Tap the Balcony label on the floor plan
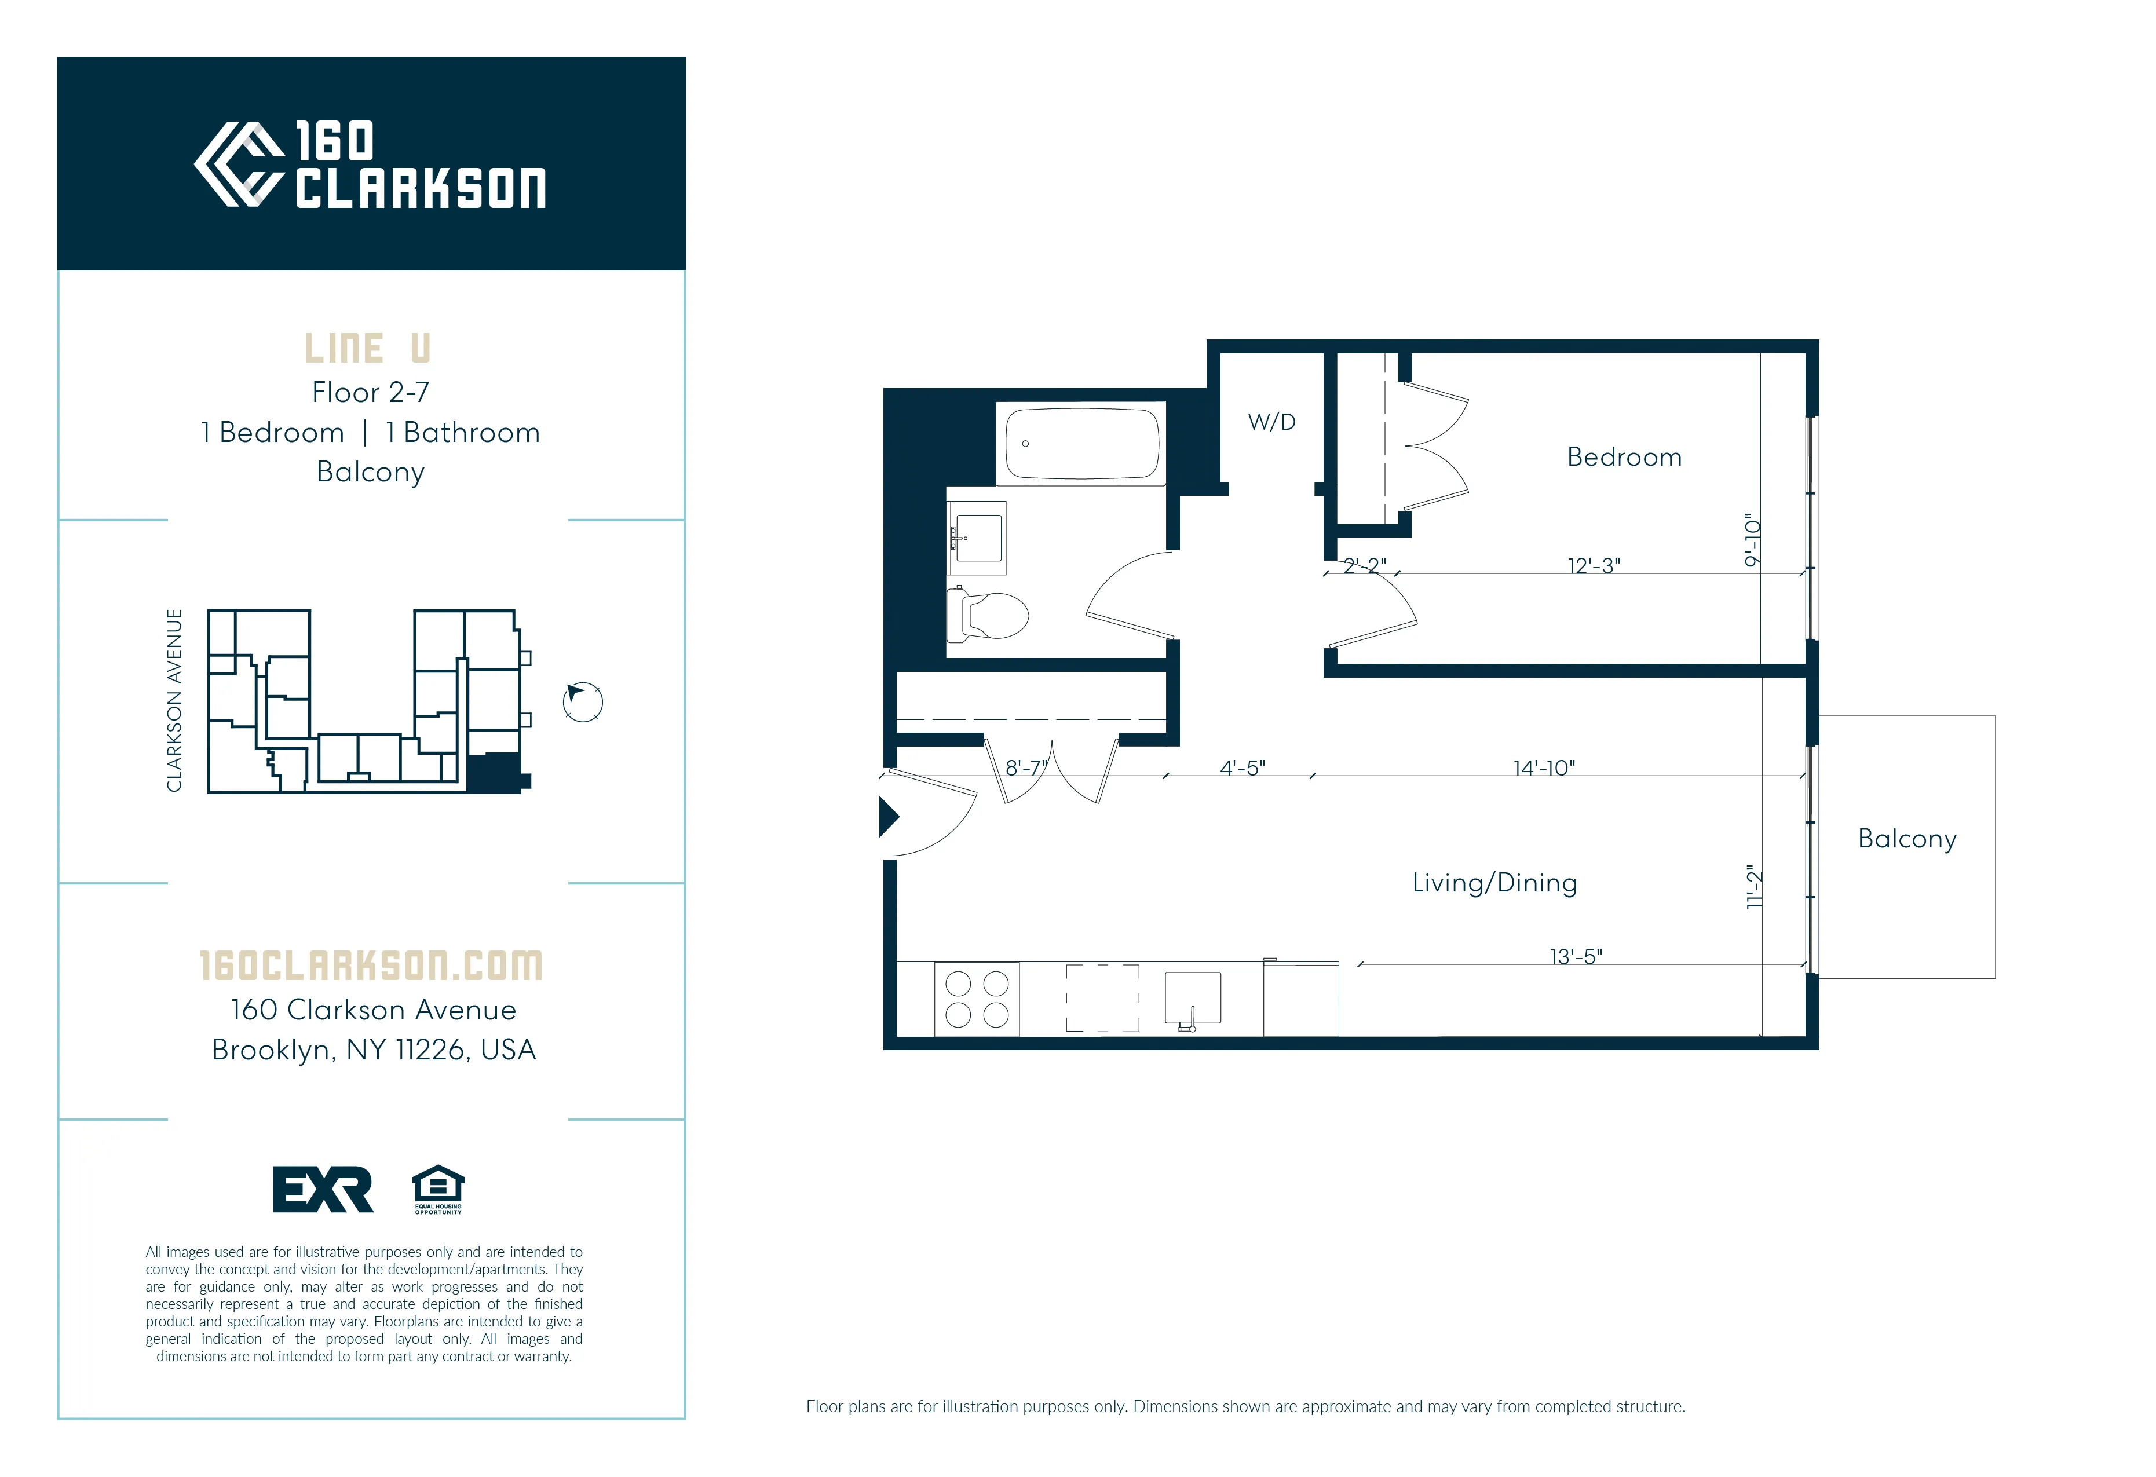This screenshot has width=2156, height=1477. tap(1906, 839)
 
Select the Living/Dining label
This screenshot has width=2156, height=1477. tap(1493, 882)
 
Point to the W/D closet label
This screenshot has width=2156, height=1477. tap(1271, 422)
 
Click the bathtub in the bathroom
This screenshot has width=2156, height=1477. tap(1081, 444)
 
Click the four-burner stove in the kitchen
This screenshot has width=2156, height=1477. tap(977, 999)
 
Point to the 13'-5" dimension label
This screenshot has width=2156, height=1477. tap(1575, 956)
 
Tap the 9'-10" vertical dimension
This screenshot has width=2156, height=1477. tap(1752, 540)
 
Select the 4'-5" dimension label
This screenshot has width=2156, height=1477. tap(1242, 767)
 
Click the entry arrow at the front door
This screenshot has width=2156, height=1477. tap(889, 817)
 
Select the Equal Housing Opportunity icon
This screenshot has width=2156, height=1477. tap(438, 1189)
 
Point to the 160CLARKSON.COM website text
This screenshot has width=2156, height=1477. tap(371, 966)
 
